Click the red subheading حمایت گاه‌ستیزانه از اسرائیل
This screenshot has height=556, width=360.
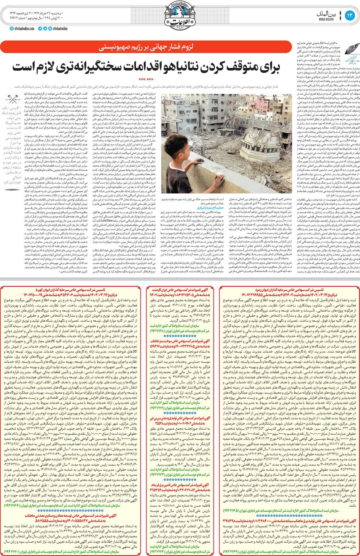coord(211,207)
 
